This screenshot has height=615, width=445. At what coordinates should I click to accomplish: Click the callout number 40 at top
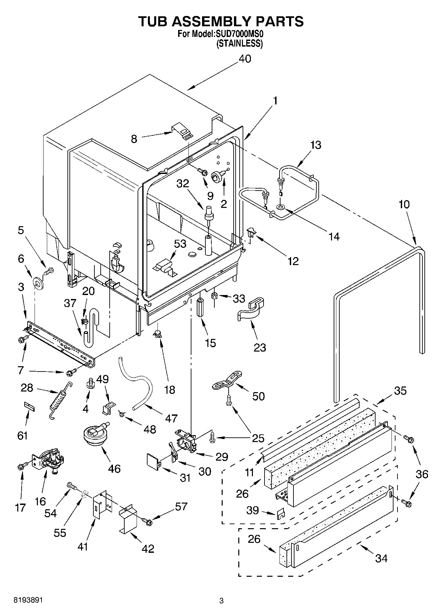245,59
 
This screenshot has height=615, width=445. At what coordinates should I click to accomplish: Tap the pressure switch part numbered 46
94,435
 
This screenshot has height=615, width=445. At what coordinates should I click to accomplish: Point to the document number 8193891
28,600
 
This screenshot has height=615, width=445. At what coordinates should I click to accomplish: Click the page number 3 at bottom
221,601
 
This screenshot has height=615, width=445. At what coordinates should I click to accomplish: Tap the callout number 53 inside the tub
180,244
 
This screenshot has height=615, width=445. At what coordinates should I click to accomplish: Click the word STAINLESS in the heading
239,44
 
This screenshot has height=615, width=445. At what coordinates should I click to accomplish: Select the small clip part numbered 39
281,513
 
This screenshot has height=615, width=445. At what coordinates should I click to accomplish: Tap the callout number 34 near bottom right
381,558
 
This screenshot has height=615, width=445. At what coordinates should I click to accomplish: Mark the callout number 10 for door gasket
404,204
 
